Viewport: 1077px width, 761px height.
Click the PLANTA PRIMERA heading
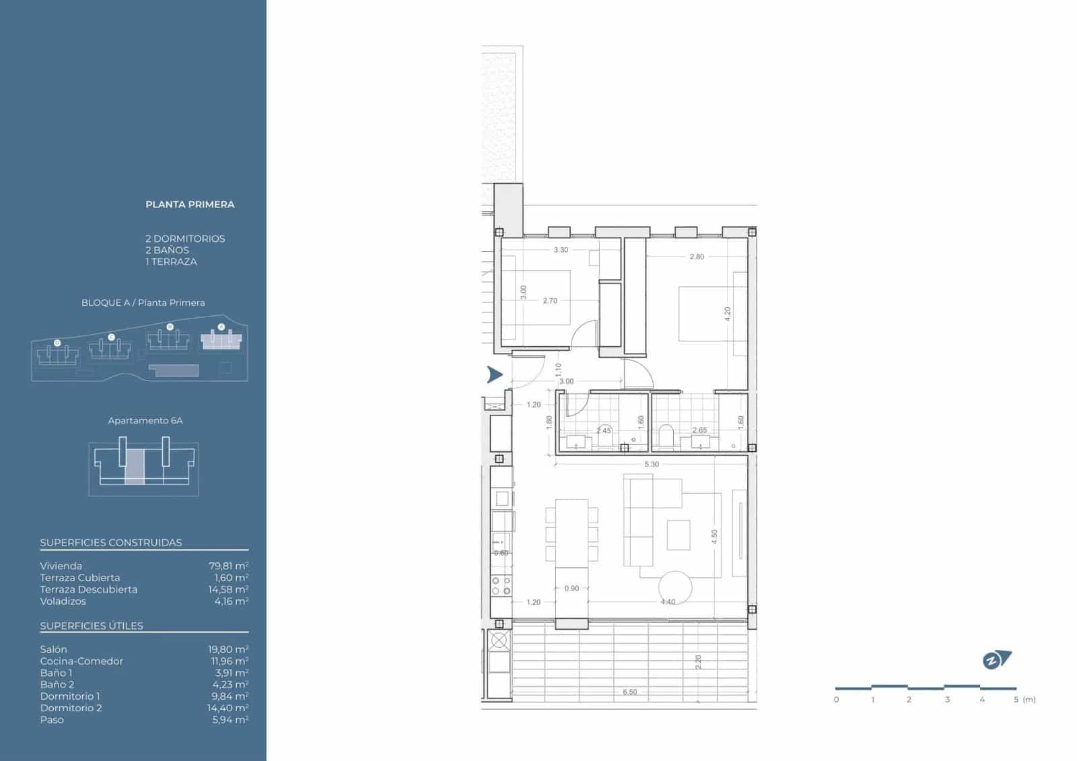coord(190,205)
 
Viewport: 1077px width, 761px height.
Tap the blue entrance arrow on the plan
coord(495,375)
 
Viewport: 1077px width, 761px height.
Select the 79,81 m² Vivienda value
coord(228,566)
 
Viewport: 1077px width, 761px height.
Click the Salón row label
coord(53,650)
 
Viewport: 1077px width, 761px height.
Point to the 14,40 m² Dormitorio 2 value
coord(228,708)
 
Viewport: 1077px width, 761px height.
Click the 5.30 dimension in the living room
coord(651,465)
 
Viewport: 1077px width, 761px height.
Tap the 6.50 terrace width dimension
coord(629,692)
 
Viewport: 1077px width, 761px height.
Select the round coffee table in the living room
coord(674,587)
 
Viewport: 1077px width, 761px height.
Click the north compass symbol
coord(996,660)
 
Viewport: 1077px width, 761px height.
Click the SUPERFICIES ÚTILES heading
coord(92,626)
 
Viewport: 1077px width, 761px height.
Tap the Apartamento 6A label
coord(145,421)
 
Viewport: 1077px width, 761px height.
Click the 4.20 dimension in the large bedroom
coord(727,314)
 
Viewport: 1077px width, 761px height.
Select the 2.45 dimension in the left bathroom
coord(604,431)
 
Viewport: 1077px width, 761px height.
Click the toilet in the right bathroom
coord(666,435)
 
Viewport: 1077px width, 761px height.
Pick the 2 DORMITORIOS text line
coord(185,239)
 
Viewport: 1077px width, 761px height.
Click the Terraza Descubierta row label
coord(88,590)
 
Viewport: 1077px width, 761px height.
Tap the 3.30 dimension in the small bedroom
coord(561,250)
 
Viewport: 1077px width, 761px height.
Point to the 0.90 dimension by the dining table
coord(571,589)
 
